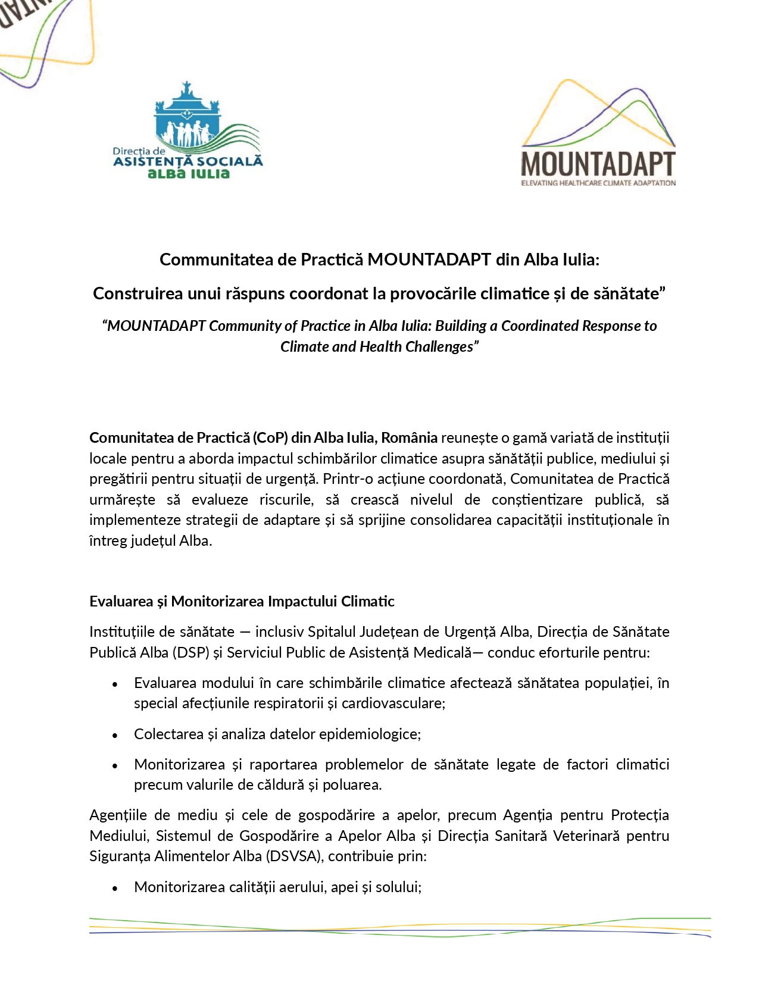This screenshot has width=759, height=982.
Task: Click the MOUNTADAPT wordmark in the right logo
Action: pos(598,164)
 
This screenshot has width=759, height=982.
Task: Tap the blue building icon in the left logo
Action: pos(187,117)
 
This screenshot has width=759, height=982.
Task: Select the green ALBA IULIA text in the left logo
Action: pos(188,174)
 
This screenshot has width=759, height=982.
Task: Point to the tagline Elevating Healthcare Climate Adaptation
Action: pos(598,183)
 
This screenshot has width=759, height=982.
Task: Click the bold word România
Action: pos(409,437)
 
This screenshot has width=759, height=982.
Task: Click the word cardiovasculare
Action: pos(393,703)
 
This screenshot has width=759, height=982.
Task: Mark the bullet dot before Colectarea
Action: pos(115,735)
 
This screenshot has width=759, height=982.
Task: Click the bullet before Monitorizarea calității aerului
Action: pos(115,888)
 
